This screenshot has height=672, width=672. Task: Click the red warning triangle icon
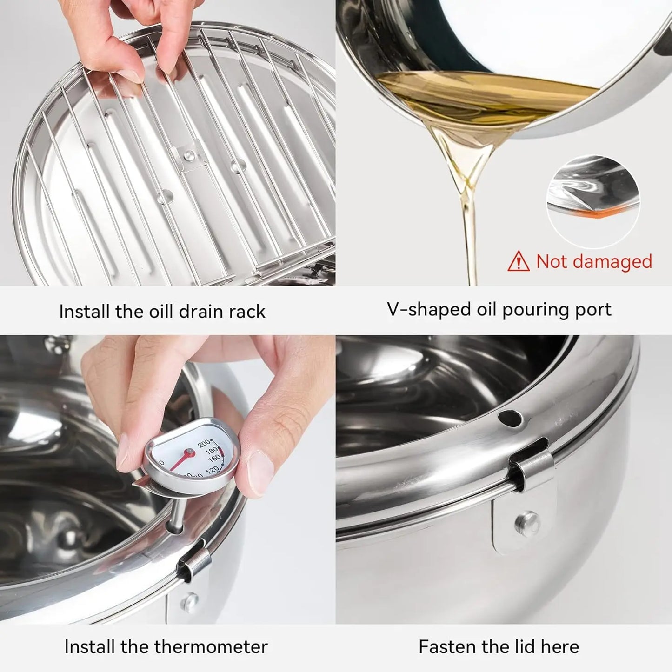pyautogui.click(x=519, y=262)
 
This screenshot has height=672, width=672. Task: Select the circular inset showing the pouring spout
pyautogui.click(x=593, y=201)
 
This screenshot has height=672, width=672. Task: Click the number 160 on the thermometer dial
pyautogui.click(x=214, y=458)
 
